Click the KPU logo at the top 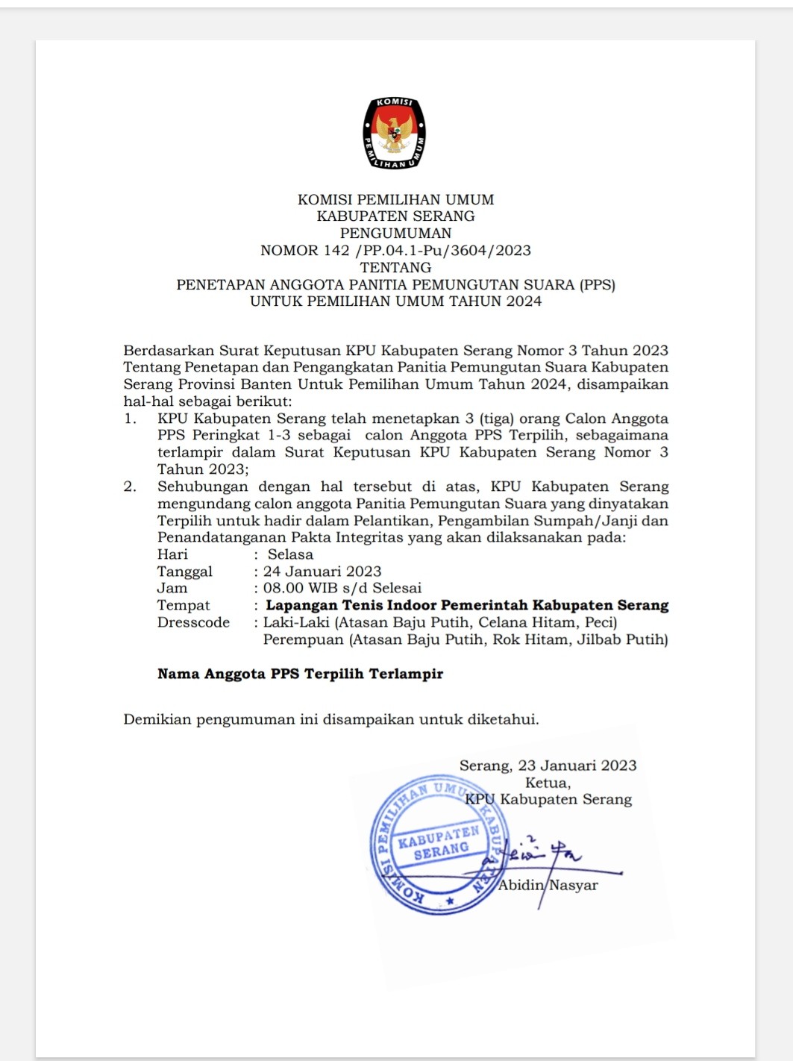(x=395, y=133)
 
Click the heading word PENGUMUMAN (x=395, y=233)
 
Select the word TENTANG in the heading (x=395, y=267)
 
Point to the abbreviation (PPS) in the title (x=597, y=284)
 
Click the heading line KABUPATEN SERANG (x=395, y=216)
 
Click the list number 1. (x=131, y=419)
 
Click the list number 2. (x=131, y=486)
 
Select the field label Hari (x=172, y=554)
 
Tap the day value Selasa (x=290, y=554)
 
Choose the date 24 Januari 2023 (x=322, y=572)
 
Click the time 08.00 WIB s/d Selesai (x=342, y=588)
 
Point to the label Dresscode (x=193, y=622)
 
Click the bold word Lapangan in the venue (x=301, y=605)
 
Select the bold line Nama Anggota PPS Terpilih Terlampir (x=300, y=674)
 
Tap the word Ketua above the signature (x=548, y=783)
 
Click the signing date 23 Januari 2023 (x=577, y=766)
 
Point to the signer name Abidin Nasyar (x=548, y=886)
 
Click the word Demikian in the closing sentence (x=157, y=719)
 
